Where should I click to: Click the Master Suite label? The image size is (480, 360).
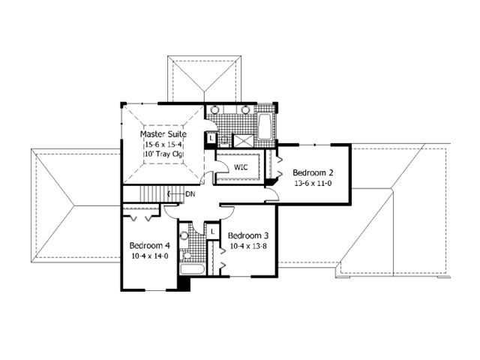[163, 134]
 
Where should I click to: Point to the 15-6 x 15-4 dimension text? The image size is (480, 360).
[163, 144]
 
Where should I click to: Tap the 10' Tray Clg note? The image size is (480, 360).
[163, 154]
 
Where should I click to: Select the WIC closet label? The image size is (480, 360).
[241, 167]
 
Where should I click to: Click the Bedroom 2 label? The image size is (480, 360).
[313, 172]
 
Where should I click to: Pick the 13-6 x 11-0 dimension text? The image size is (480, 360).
[313, 183]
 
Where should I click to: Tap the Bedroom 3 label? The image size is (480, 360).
[248, 235]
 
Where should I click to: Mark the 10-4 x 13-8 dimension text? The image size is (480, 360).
[248, 246]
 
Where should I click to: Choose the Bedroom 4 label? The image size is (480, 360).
[150, 245]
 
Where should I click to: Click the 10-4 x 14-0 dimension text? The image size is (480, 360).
[150, 256]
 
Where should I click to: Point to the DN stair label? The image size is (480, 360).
[190, 194]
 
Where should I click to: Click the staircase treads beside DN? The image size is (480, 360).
[160, 194]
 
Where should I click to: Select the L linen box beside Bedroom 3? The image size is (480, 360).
[213, 232]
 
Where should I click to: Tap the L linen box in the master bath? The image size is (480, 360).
[211, 138]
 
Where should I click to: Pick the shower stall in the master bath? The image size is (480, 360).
[243, 141]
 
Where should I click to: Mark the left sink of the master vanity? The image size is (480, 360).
[215, 109]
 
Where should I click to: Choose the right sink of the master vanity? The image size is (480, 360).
[245, 109]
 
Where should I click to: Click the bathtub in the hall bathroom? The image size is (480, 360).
[192, 269]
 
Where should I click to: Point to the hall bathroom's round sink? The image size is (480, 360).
[184, 235]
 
